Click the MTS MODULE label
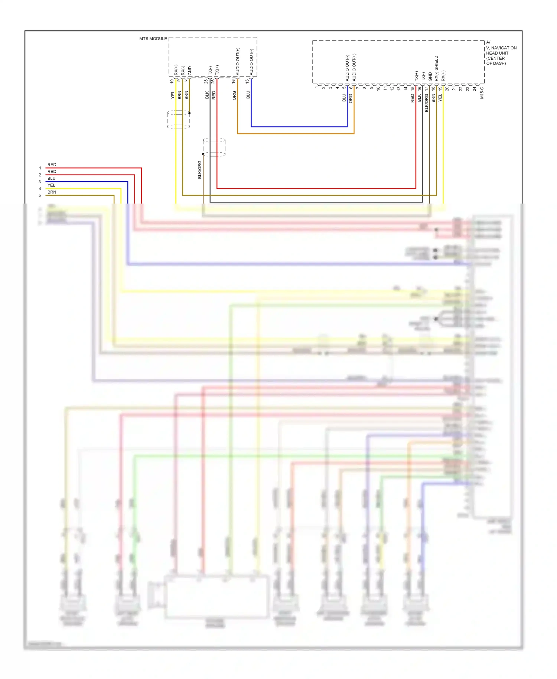click(x=153, y=39)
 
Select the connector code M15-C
click(x=482, y=93)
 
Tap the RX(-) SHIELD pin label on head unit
click(x=436, y=68)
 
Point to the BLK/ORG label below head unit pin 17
click(x=427, y=103)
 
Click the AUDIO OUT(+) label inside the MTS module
click(x=238, y=61)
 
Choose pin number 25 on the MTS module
click(x=206, y=81)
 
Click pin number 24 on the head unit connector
click(x=475, y=88)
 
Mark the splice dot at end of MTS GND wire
click(x=189, y=113)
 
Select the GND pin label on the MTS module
click(x=190, y=71)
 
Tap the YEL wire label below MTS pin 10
click(x=173, y=95)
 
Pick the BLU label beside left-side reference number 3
click(x=51, y=178)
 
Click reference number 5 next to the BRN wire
click(x=40, y=195)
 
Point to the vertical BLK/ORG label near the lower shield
click(x=200, y=170)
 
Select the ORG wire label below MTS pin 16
click(x=234, y=95)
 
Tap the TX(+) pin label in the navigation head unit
click(x=416, y=76)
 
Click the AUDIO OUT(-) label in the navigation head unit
click(x=347, y=68)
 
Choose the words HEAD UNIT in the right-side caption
click(x=497, y=53)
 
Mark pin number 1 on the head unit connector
click(x=316, y=87)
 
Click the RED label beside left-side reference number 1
click(x=52, y=165)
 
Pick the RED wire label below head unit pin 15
click(x=413, y=98)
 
